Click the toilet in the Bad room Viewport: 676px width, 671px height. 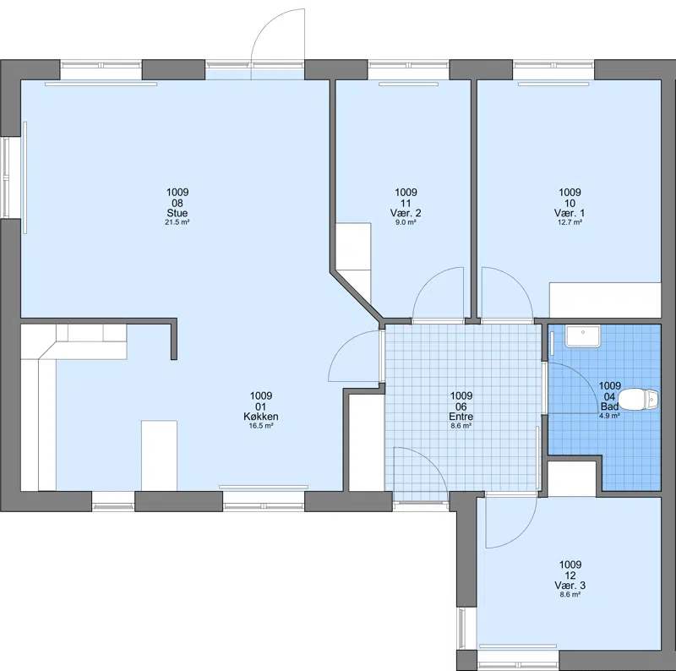[639, 399]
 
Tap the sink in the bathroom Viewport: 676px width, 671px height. [583, 336]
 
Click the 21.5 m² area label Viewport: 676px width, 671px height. [177, 222]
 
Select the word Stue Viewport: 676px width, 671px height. [177, 213]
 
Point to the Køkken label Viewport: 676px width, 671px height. [261, 417]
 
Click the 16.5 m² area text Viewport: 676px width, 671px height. [261, 426]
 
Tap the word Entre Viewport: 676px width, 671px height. [461, 417]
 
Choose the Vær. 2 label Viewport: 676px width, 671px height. [406, 213]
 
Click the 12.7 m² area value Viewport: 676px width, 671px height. [570, 222]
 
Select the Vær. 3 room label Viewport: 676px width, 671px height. [570, 586]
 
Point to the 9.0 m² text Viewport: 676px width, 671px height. [406, 222]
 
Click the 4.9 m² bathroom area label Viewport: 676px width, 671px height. [609, 416]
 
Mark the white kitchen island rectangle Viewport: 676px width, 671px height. [159, 456]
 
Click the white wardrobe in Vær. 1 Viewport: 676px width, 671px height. [605, 300]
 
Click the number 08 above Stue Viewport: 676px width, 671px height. [177, 203]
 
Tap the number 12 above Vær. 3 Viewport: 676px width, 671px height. [570, 576]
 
